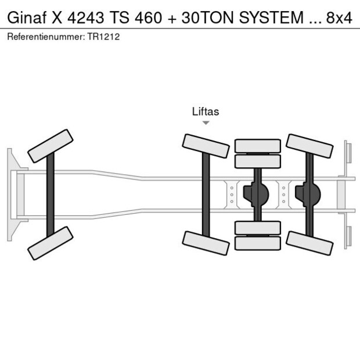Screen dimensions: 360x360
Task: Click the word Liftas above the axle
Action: point(206,111)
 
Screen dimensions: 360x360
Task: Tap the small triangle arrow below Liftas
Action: point(206,123)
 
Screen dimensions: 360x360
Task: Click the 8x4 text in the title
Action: point(339,18)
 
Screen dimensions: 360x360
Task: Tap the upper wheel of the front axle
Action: point(51,146)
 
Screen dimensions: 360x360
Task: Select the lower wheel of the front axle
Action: point(51,243)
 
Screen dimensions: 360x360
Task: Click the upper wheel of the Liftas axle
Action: point(206,146)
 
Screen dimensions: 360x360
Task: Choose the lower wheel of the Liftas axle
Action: point(206,243)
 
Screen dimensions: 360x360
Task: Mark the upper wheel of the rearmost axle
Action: point(309,146)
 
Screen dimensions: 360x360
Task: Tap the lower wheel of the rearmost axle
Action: point(309,243)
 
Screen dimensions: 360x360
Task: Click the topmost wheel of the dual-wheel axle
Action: point(257,146)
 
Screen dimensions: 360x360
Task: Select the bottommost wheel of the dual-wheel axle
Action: point(257,243)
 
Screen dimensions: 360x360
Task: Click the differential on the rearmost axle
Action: point(308,195)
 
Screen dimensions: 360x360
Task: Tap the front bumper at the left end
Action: point(10,195)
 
